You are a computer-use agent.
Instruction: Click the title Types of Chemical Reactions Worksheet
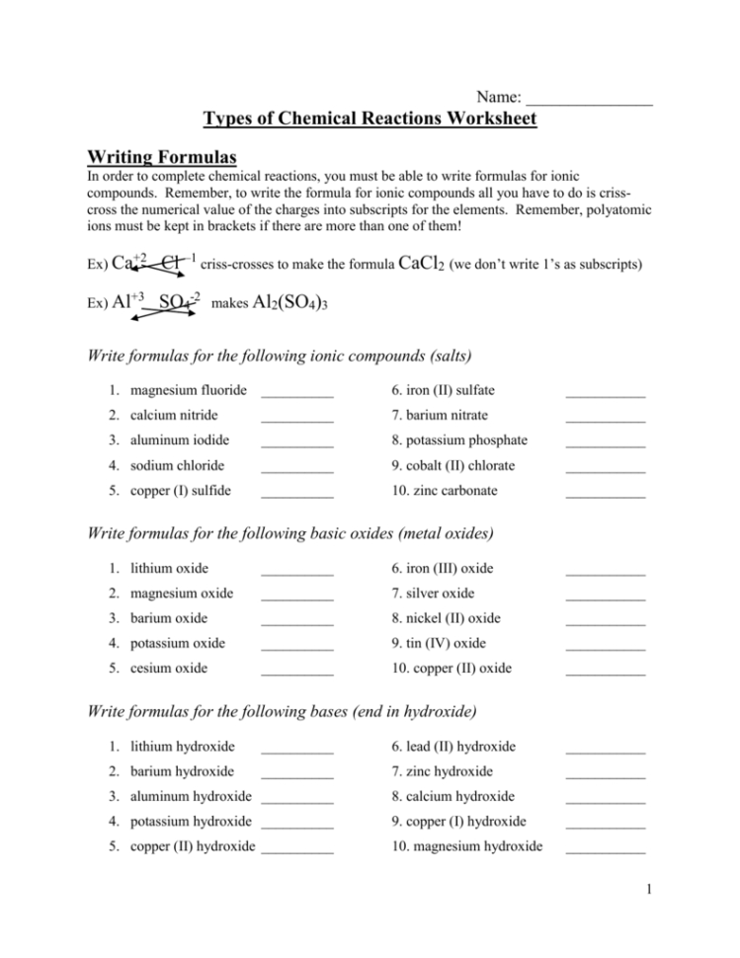(x=370, y=120)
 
